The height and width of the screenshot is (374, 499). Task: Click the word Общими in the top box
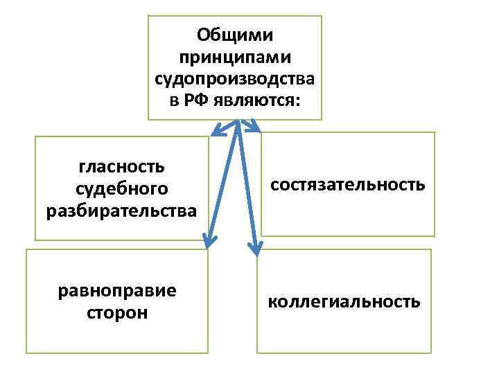235,35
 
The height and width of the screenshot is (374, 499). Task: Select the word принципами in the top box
235,55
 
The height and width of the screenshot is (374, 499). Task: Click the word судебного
121,188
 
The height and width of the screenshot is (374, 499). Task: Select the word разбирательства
121,211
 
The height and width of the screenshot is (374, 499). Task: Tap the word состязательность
348,185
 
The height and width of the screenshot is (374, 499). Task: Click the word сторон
117,313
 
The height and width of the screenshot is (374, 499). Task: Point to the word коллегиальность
344,302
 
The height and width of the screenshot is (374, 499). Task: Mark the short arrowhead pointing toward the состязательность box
254,127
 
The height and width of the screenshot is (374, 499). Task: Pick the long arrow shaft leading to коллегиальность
247,184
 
